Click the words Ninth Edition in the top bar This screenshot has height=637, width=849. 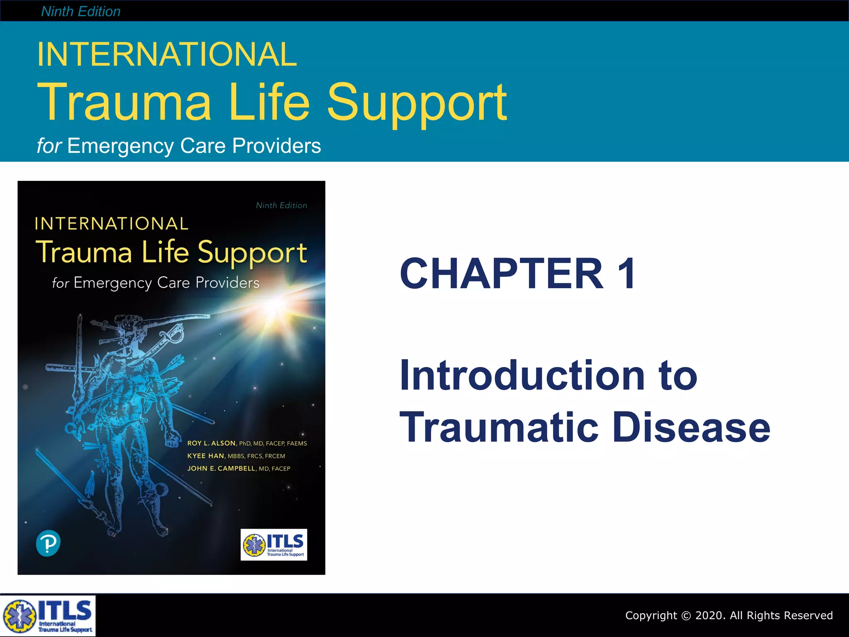pyautogui.click(x=81, y=12)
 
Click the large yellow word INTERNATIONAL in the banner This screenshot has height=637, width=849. pyautogui.click(x=167, y=54)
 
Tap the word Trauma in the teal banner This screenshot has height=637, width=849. pyautogui.click(x=124, y=102)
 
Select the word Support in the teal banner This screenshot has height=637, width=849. pyautogui.click(x=417, y=104)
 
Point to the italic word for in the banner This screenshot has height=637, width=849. pyautogui.click(x=49, y=146)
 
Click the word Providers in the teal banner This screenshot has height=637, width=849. pyautogui.click(x=277, y=146)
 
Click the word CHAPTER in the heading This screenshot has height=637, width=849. pyautogui.click(x=502, y=274)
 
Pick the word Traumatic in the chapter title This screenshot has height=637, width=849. pyautogui.click(x=499, y=428)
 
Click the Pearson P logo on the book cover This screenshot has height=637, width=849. pyautogui.click(x=48, y=544)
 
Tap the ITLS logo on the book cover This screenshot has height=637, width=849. pyautogui.click(x=274, y=545)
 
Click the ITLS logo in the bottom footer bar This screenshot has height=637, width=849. pyautogui.click(x=48, y=616)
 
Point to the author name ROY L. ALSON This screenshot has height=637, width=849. pyautogui.click(x=211, y=443)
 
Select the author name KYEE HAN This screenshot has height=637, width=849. pyautogui.click(x=206, y=456)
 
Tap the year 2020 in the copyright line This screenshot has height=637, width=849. pyautogui.click(x=710, y=615)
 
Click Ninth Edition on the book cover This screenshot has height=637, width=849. pyautogui.click(x=281, y=205)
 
